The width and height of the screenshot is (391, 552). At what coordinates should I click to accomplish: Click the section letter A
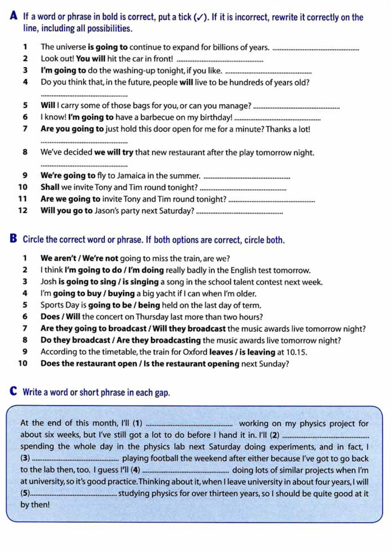pos(14,16)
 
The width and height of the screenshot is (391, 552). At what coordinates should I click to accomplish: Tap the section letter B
pos(13,238)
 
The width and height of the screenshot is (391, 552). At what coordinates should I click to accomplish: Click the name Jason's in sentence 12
pos(107,211)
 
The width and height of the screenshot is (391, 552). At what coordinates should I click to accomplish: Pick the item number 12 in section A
pos(22,211)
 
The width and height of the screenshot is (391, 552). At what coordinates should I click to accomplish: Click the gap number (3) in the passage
pos(25,459)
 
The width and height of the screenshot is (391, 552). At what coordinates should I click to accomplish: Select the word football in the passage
pos(164,459)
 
